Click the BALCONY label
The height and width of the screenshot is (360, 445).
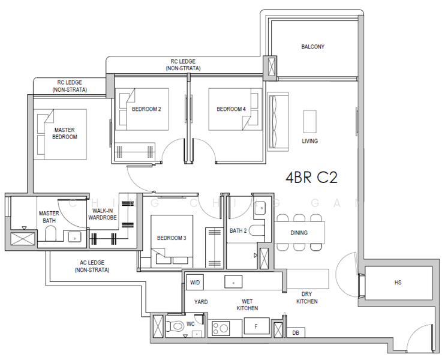312,47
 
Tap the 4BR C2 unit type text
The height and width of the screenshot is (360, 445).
312,178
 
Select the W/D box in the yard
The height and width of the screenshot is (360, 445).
195,283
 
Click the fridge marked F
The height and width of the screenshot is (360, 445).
257,326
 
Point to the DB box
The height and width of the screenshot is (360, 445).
296,332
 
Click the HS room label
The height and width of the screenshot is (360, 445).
398,283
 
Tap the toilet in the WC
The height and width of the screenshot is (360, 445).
175,326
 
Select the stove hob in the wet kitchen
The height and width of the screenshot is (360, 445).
221,328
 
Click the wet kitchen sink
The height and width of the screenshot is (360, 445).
233,282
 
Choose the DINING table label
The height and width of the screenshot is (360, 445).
299,233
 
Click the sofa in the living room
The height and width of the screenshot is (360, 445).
278,122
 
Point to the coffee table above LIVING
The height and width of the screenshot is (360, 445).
309,122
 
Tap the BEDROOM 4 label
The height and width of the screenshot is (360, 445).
231,109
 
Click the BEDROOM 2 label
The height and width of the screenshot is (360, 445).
146,109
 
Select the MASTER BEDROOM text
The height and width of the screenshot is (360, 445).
65,133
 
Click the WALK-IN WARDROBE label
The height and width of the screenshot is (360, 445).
103,214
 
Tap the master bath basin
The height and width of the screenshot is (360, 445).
74,237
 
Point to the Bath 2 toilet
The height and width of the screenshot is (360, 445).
257,230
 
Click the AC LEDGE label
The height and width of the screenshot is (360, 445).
92,266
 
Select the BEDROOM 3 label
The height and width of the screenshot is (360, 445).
172,238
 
